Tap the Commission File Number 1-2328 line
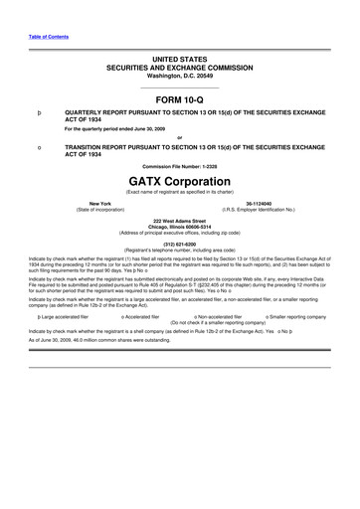pos(179,165)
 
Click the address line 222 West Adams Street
pos(179,218)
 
